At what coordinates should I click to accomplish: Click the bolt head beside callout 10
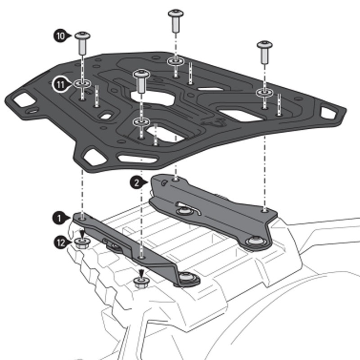82,36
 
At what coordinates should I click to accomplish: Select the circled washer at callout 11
82,83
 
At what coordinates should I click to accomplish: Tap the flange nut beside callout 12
82,244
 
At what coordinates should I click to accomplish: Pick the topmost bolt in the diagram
175,13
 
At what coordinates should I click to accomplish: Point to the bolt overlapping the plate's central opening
141,74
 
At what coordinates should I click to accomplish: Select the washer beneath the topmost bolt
175,61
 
